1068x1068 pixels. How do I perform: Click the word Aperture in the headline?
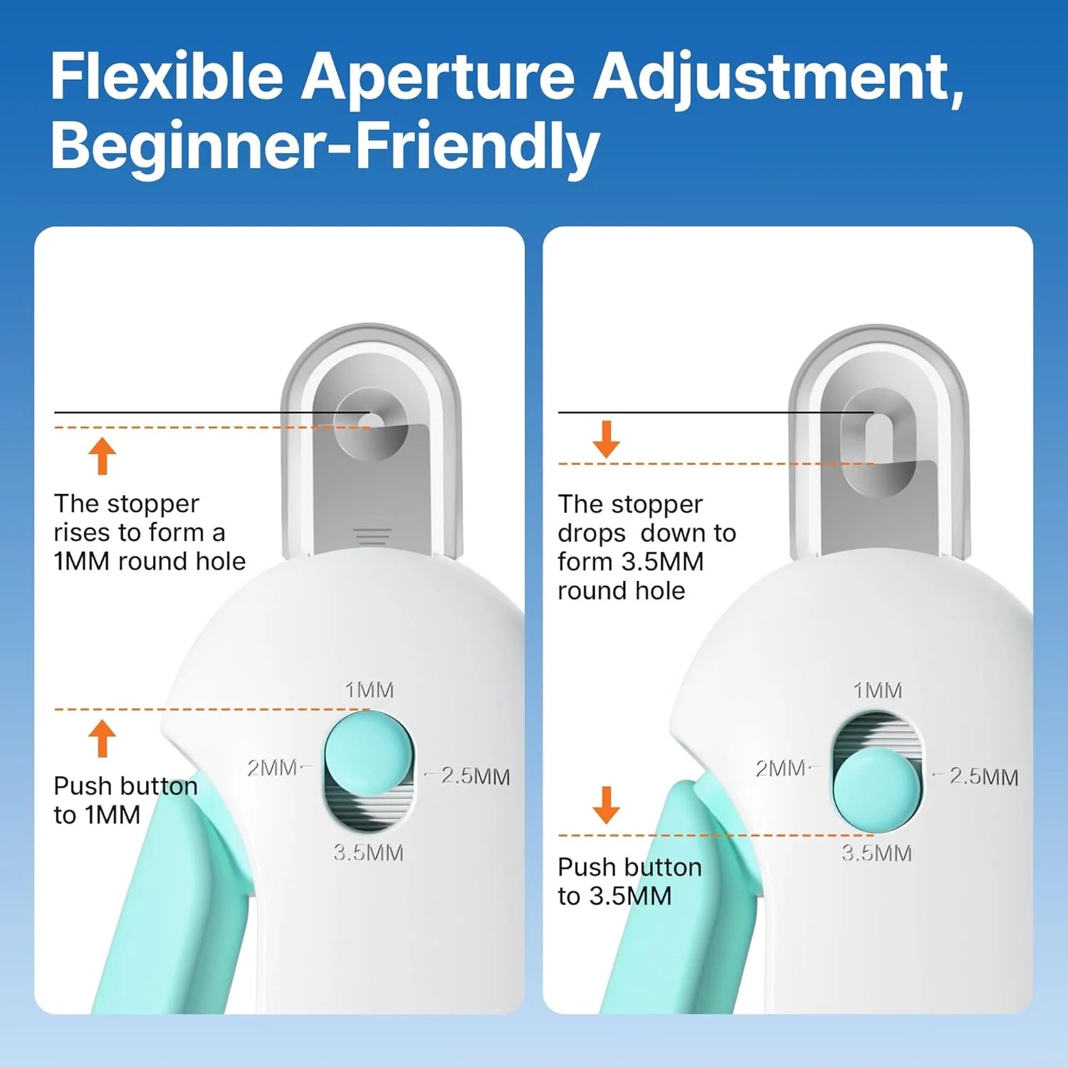click(x=437, y=77)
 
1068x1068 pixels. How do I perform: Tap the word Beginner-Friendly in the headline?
click(x=325, y=145)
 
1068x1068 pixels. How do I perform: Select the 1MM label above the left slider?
click(x=369, y=690)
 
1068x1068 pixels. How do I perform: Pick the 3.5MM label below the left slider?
click(x=368, y=852)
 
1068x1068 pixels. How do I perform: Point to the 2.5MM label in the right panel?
click(x=983, y=777)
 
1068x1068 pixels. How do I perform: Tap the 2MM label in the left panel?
click(x=272, y=768)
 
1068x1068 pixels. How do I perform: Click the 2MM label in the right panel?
click(x=780, y=768)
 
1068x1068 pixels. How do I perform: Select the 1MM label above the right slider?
click(x=877, y=690)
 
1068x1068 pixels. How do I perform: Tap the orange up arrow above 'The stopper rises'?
click(x=103, y=456)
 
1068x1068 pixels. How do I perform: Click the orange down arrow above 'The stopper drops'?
click(x=607, y=439)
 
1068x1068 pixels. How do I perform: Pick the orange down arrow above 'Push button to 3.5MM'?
click(x=607, y=805)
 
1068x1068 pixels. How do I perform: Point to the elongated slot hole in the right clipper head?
click(x=879, y=438)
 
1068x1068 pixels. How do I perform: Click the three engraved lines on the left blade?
click(x=372, y=537)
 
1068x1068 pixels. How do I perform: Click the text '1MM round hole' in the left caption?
click(x=150, y=561)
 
